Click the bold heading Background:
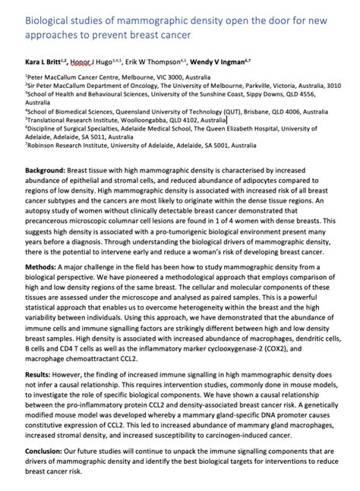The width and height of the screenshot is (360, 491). (45, 173)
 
